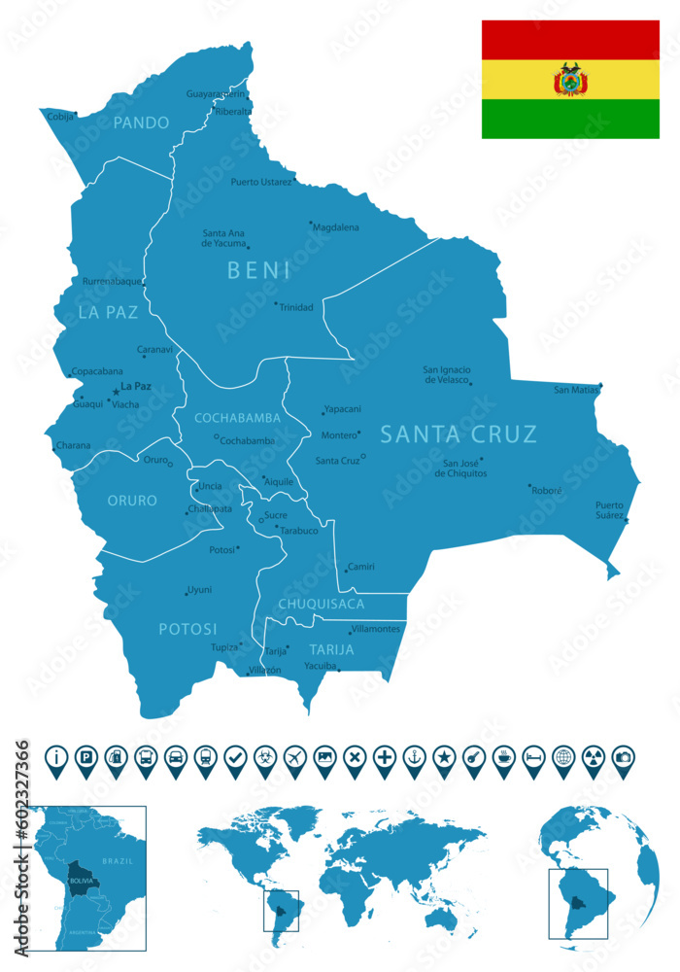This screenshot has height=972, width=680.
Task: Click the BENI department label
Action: click(x=258, y=270)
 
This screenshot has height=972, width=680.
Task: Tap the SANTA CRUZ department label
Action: click(x=459, y=434)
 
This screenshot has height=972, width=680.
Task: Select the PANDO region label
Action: click(x=141, y=122)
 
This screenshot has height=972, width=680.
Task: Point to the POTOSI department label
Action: click(x=188, y=629)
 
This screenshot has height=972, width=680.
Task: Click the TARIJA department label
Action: click(x=331, y=648)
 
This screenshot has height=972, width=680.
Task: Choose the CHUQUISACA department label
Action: click(x=322, y=605)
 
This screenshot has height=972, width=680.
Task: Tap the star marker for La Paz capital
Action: click(x=116, y=391)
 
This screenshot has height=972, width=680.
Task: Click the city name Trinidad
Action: click(x=295, y=307)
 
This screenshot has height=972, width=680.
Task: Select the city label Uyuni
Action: click(x=199, y=590)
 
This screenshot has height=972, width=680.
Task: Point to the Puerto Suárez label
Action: click(x=609, y=509)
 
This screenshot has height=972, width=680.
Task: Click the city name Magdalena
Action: click(x=336, y=227)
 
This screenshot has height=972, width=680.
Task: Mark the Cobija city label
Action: click(x=60, y=116)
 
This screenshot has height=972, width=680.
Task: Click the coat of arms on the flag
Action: click(x=570, y=80)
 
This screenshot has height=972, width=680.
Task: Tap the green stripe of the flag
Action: click(x=570, y=119)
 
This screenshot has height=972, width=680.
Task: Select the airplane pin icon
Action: click(x=294, y=757)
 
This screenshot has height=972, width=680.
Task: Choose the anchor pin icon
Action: click(x=414, y=757)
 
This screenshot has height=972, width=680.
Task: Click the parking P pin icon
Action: click(x=85, y=757)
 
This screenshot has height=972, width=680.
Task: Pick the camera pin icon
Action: click(x=623, y=757)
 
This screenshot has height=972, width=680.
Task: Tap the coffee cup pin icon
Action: click(x=503, y=757)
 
